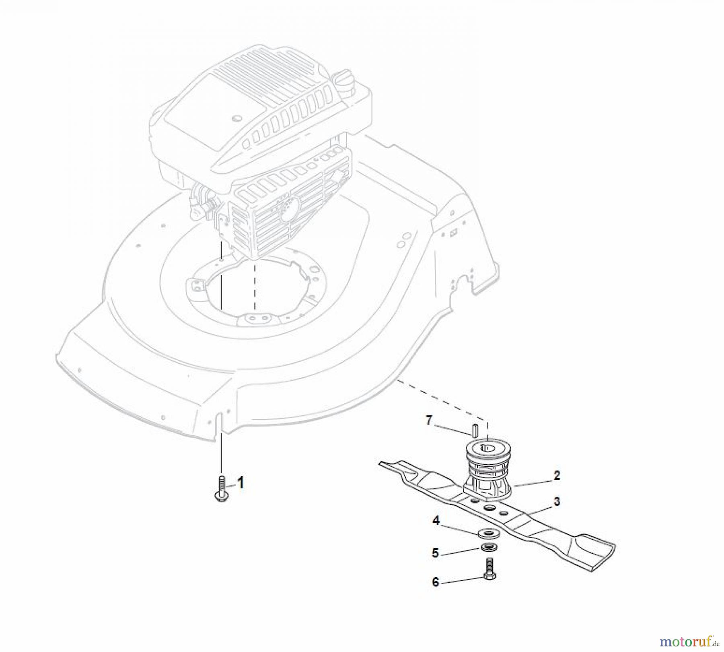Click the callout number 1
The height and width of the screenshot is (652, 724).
click(241, 483)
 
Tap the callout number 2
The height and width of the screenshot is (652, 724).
click(557, 475)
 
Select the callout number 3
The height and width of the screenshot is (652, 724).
click(557, 501)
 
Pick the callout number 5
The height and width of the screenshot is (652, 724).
click(435, 553)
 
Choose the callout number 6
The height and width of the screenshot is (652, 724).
click(435, 582)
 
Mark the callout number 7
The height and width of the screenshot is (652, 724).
click(429, 421)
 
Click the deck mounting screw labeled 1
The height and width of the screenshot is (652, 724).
click(221, 489)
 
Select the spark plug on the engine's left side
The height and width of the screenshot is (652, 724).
click(201, 199)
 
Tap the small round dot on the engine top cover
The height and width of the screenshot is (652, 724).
click(237, 118)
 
